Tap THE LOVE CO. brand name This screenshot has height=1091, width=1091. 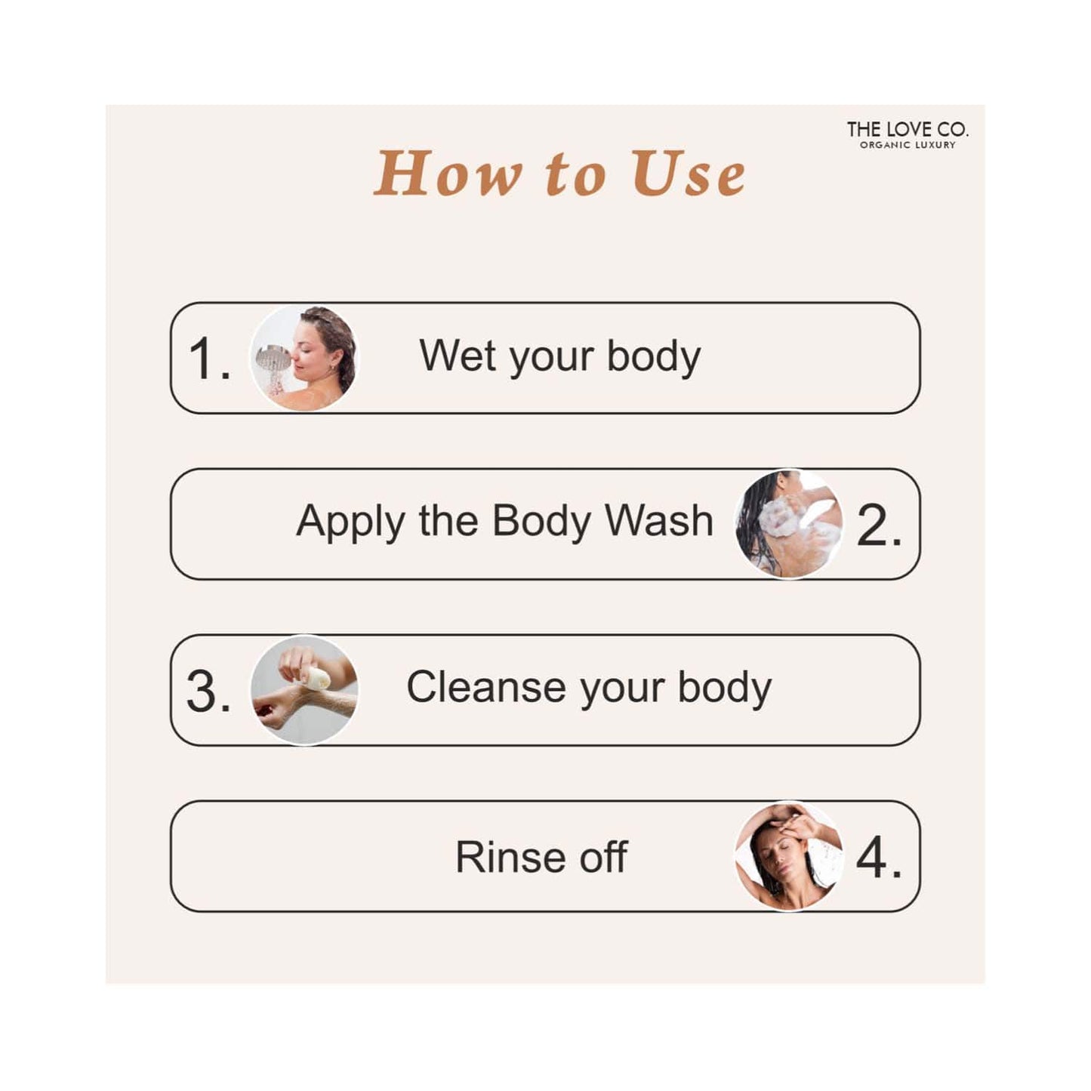coord(908,130)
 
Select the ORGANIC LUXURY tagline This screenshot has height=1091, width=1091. coord(908,146)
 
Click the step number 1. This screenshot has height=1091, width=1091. coord(208,359)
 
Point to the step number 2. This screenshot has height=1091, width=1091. coord(879,526)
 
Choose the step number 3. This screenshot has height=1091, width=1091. coord(208,692)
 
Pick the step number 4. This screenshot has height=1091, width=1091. coord(879,858)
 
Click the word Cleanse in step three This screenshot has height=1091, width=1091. coord(486,688)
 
